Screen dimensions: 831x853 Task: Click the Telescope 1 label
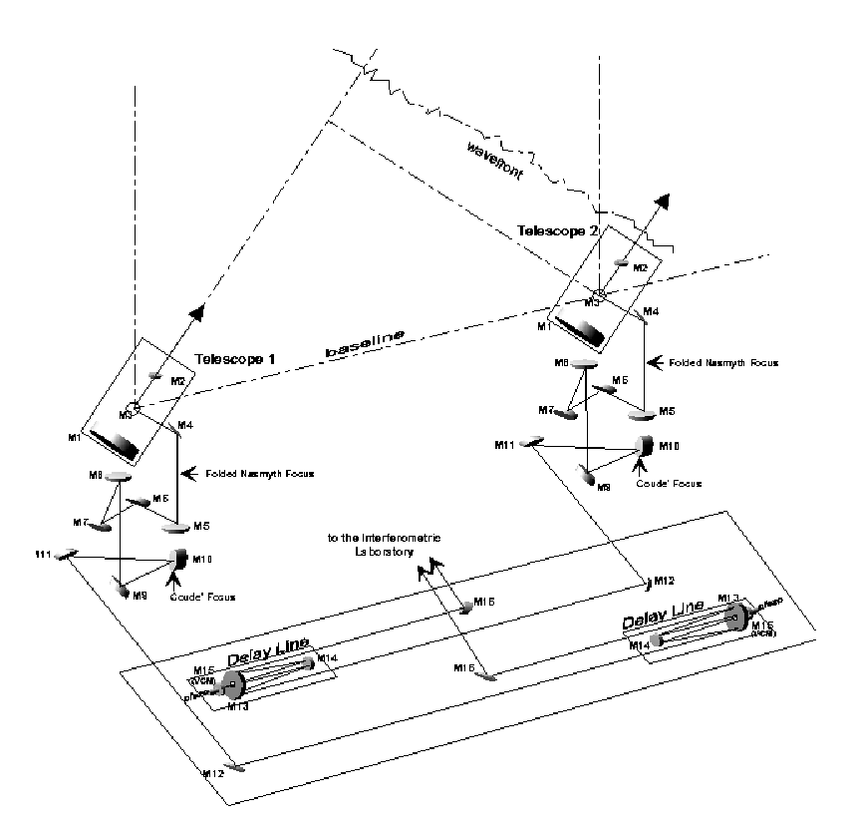(231, 358)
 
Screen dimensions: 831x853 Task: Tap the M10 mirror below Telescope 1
(181, 559)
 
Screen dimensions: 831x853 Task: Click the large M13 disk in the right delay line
(736, 616)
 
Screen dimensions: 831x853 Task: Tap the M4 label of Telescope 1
(184, 426)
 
